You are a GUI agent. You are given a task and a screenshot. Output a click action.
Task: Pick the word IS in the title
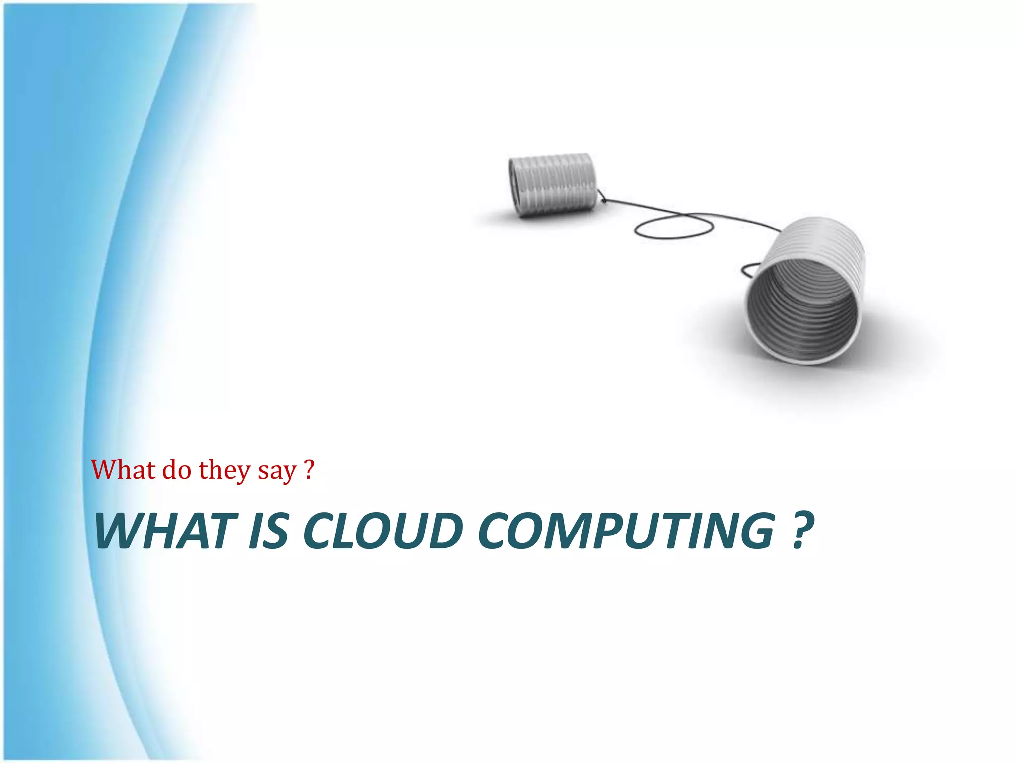(x=268, y=531)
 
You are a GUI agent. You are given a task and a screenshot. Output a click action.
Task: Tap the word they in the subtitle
(x=224, y=470)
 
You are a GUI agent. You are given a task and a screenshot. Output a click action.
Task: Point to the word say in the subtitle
(x=277, y=471)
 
